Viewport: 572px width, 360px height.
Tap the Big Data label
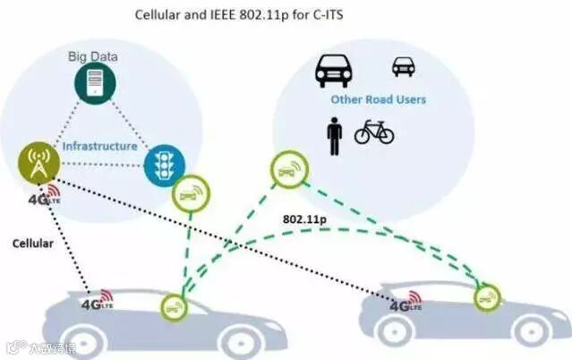click(93, 56)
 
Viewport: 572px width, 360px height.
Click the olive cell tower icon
click(39, 162)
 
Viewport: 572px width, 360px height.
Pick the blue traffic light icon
click(163, 164)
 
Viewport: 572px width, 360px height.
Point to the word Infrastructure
click(99, 146)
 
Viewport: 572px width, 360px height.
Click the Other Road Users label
click(378, 99)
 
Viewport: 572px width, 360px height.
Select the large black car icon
click(333, 70)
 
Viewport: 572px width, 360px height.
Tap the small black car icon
click(404, 66)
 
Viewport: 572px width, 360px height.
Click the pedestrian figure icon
click(334, 134)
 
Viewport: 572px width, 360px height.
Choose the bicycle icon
click(374, 133)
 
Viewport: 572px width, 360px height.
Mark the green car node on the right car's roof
click(487, 296)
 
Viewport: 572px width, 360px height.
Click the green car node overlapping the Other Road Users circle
click(289, 169)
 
